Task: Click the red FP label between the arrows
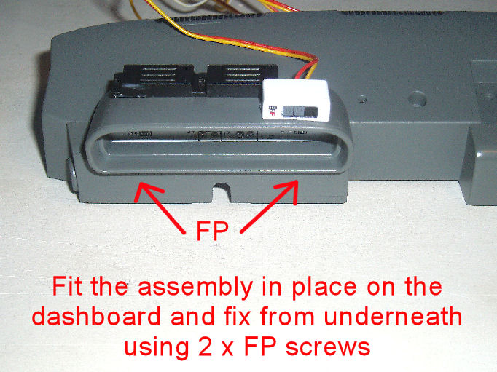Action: [x=212, y=231]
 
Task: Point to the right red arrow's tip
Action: [x=297, y=181]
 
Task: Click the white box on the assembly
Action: [x=295, y=99]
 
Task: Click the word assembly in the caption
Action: [x=195, y=288]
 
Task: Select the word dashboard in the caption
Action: [x=96, y=317]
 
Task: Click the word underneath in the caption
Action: [x=393, y=317]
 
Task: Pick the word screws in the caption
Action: [x=328, y=347]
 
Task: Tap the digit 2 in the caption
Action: [x=204, y=347]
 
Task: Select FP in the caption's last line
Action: [x=259, y=347]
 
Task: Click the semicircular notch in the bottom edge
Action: [x=222, y=187]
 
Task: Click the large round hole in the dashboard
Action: [x=417, y=98]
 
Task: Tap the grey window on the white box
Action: [x=300, y=111]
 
